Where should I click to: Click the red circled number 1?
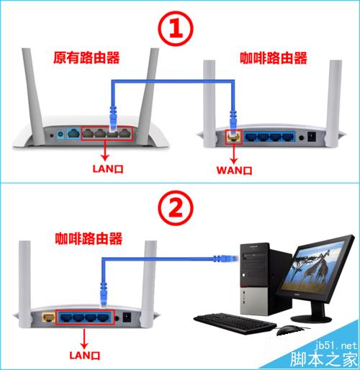176,28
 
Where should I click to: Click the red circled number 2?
176,208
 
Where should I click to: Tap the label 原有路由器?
86,58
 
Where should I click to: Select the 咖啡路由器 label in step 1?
274,58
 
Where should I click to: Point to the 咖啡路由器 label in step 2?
89,238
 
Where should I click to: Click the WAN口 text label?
234,171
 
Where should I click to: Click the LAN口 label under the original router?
108,168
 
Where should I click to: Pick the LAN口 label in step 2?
85,355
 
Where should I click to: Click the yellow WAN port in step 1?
234,137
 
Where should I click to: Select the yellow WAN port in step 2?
48,317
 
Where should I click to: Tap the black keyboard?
235,323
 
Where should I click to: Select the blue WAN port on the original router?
73,133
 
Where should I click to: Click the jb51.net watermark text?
336,346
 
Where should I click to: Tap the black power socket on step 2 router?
127,317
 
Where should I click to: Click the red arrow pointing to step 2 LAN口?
84,339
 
